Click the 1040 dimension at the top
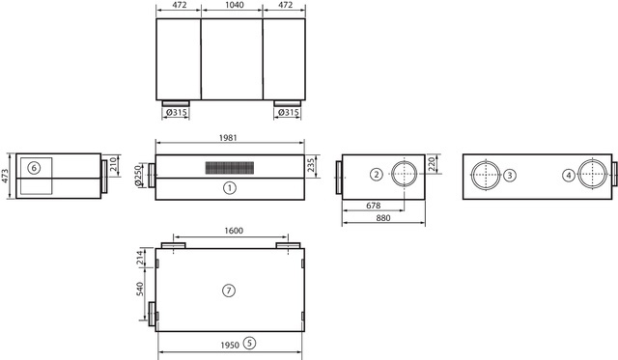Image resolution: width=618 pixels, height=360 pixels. (234, 5)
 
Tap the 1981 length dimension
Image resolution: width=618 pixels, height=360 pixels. (228, 137)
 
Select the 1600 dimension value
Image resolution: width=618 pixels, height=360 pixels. (234, 231)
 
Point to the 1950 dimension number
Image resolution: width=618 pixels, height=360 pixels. (230, 345)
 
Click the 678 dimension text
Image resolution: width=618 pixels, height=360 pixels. (374, 206)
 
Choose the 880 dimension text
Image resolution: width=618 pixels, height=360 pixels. (383, 218)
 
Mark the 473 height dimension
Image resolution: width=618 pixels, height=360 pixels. (5, 176)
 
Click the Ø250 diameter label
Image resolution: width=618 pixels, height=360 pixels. (138, 176)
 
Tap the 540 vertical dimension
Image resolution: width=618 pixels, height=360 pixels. (140, 290)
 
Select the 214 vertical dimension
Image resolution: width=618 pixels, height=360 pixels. (140, 258)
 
